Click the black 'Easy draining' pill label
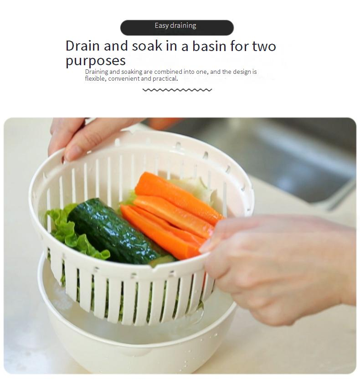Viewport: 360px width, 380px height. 177,28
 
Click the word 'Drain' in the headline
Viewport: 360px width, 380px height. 82,46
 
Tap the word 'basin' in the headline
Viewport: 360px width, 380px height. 209,46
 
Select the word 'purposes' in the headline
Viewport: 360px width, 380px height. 96,61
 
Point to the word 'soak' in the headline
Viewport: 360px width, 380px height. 147,46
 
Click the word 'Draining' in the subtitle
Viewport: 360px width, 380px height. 97,72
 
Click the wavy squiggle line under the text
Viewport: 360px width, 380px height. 177,90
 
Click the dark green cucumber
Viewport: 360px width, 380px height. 114,231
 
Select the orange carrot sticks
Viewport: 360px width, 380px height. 172,215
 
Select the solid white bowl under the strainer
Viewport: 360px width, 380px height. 136,339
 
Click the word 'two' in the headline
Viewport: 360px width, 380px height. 264,46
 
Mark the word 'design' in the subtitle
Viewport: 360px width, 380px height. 242,72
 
